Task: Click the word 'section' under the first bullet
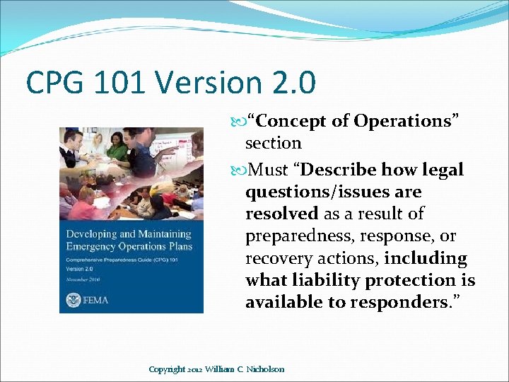273,143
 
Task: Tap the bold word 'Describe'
343,170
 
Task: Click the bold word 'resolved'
281,214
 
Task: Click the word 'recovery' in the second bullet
279,257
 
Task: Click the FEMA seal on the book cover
73,299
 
